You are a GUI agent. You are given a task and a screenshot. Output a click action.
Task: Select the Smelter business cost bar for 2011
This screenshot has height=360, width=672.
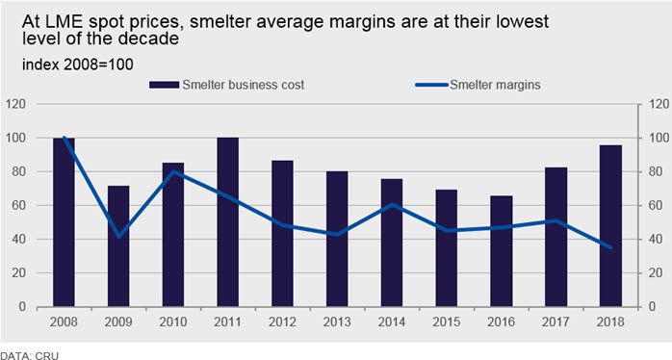(227, 222)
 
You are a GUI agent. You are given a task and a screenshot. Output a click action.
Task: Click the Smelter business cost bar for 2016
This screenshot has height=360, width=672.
(501, 251)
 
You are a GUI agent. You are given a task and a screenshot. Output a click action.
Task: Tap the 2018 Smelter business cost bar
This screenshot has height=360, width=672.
(610, 226)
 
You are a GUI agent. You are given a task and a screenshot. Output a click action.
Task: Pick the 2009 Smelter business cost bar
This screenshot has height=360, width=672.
(118, 246)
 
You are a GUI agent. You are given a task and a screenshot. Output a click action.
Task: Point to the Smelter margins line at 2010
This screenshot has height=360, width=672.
(173, 171)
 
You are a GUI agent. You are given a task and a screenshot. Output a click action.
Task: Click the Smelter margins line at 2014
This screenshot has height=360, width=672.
(392, 204)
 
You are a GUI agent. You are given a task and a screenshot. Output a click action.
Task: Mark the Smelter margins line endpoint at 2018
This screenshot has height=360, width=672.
(610, 247)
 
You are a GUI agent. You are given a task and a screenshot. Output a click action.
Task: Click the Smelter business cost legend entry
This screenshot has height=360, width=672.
(226, 85)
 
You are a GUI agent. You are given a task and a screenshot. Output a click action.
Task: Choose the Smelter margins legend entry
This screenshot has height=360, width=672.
(478, 85)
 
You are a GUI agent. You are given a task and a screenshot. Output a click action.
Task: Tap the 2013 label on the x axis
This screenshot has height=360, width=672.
(337, 321)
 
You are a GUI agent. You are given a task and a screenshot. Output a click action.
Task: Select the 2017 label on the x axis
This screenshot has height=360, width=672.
(556, 321)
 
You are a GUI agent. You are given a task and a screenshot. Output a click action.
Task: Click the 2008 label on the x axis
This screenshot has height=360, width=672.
(64, 321)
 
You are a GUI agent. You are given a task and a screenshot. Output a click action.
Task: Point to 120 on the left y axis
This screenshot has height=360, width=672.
(15, 104)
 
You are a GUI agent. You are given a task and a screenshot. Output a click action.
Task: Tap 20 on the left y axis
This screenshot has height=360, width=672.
(19, 273)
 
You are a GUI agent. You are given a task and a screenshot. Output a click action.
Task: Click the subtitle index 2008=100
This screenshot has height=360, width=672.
(78, 64)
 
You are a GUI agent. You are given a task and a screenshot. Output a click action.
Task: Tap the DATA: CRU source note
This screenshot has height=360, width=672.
(29, 355)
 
